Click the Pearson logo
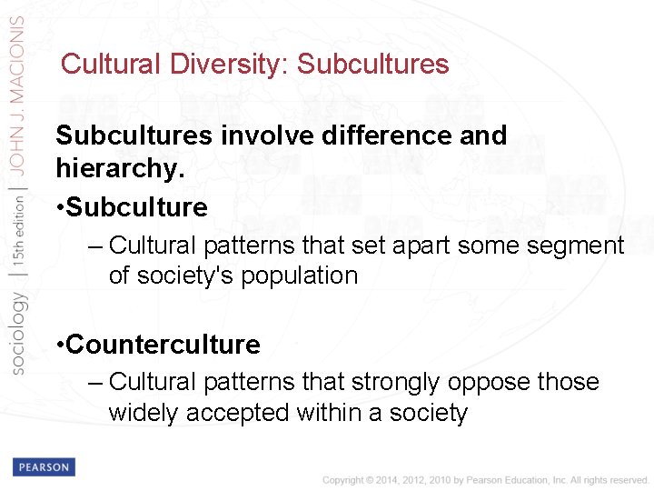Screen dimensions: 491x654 pyautogui.click(x=44, y=467)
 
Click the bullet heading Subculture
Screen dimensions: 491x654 pyautogui.click(x=136, y=207)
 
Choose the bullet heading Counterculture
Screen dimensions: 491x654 pyautogui.click(x=163, y=346)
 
